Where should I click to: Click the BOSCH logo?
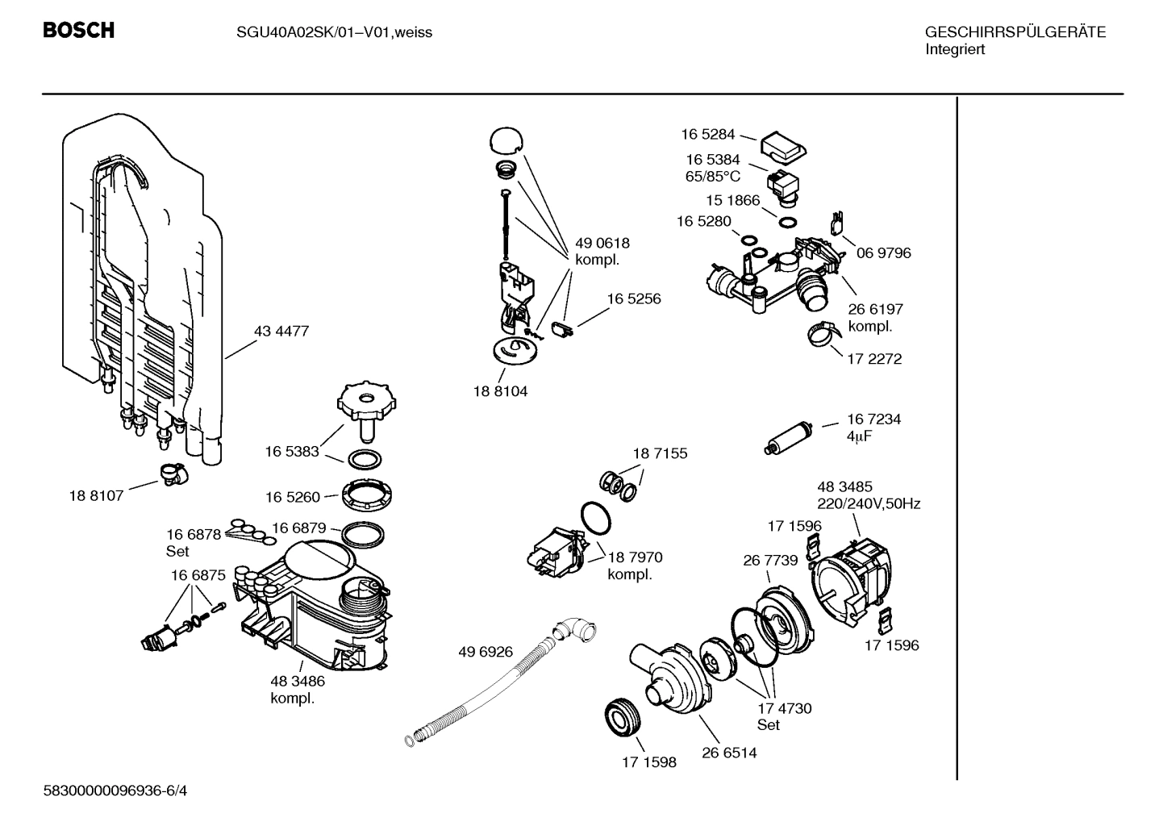[x=78, y=31]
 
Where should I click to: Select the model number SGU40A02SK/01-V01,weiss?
[x=334, y=32]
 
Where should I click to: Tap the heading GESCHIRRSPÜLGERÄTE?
[x=1015, y=32]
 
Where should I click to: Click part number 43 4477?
[x=281, y=332]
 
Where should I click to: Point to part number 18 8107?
[x=96, y=495]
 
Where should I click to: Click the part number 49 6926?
[x=486, y=652]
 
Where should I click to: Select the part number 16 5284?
[x=708, y=135]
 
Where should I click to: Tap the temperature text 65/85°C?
[x=713, y=176]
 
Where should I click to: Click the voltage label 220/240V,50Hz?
[x=869, y=504]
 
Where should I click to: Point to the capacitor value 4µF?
[x=860, y=436]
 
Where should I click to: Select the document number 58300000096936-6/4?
[x=115, y=791]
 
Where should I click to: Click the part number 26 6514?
[x=729, y=753]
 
